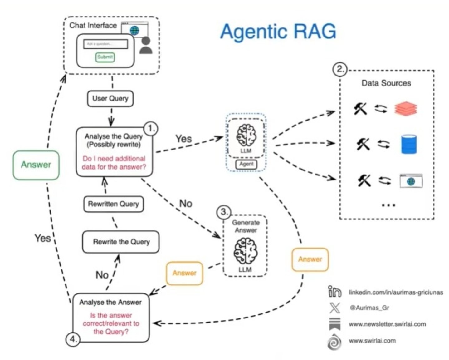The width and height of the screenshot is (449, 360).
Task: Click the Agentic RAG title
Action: (x=278, y=32)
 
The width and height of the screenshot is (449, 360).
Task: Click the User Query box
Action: (x=110, y=99)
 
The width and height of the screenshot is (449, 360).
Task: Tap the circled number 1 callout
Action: (x=151, y=128)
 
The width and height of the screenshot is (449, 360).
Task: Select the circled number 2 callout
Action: (x=340, y=69)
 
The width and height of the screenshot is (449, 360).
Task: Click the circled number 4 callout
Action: (x=73, y=339)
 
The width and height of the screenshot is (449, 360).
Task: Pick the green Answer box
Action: (x=36, y=165)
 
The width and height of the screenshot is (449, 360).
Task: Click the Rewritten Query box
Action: (x=113, y=204)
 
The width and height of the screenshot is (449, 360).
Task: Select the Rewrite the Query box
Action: (x=121, y=242)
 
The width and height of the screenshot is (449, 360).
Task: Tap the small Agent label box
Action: (x=246, y=164)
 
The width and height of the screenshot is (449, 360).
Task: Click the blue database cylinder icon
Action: (x=409, y=144)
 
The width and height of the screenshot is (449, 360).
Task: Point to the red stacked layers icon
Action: (x=406, y=109)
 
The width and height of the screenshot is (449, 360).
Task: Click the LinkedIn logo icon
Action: (x=334, y=292)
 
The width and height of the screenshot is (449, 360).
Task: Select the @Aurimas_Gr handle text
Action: (x=369, y=308)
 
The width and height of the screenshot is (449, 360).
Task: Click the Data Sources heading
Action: (x=386, y=83)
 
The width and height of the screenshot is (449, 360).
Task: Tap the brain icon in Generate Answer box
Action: (x=246, y=251)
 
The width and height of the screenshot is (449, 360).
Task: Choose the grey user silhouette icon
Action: (x=146, y=46)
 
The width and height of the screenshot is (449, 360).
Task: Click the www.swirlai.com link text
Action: (x=372, y=341)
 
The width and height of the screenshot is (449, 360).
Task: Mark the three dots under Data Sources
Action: (x=388, y=205)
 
